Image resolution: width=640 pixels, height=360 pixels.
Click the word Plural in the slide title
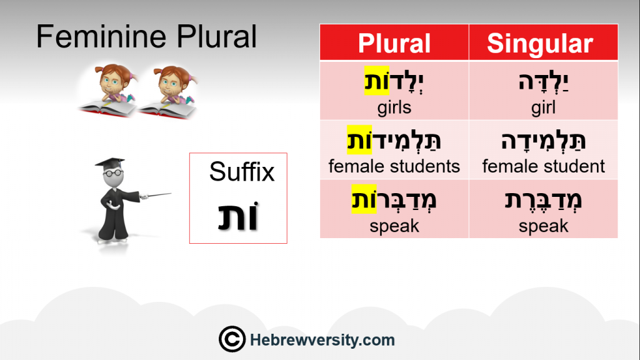[x=217, y=36]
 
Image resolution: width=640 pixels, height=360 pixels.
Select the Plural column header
[x=394, y=43]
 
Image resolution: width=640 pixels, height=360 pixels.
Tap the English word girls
[x=394, y=107]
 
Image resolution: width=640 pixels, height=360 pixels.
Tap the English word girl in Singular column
[x=543, y=107]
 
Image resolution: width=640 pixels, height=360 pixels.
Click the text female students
[x=394, y=166]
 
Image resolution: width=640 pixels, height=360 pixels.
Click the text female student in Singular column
[x=543, y=166]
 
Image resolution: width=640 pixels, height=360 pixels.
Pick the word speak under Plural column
[x=394, y=226]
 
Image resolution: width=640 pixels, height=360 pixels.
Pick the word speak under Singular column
[x=543, y=226]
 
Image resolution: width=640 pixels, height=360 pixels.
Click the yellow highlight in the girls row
[x=377, y=81]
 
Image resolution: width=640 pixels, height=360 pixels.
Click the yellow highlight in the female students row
[x=359, y=139]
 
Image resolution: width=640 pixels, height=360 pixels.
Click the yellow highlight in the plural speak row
[x=364, y=199]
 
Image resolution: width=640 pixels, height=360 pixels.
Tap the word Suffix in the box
[x=242, y=172]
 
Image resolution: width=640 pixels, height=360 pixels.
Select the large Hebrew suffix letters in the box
[x=238, y=216]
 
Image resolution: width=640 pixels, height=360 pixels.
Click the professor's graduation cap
[x=110, y=162]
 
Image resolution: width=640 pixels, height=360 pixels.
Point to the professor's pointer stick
[x=156, y=196]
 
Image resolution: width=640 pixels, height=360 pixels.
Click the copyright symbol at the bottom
[x=232, y=339]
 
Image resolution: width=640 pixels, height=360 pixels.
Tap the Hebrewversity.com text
[x=322, y=340]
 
